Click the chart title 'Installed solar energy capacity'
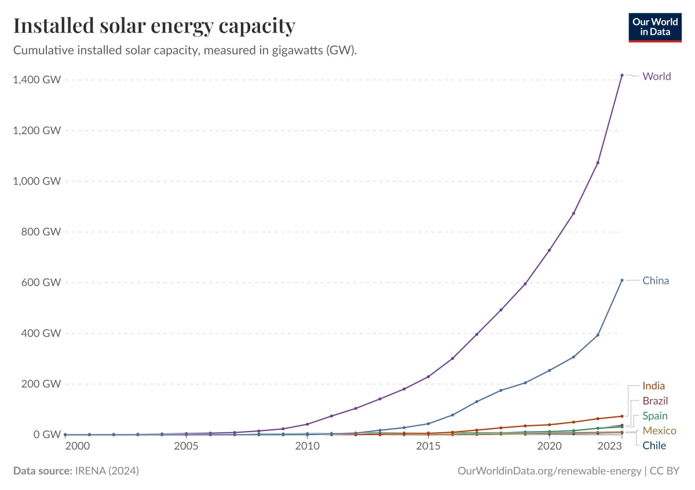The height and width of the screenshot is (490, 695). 154,26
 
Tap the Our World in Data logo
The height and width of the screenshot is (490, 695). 655,27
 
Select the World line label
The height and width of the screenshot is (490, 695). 657,76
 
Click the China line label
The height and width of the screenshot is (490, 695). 656,281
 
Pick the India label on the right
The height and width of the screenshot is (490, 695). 653,386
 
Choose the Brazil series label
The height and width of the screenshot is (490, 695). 655,401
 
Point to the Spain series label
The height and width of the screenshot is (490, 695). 654,416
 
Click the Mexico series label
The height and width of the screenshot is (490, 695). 659,431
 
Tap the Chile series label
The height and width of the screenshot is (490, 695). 654,445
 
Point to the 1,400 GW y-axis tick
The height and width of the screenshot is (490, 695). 36,80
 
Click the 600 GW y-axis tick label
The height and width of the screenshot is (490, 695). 42,282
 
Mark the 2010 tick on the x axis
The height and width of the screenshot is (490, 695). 307,447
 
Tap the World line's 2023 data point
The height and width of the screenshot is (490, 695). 622,75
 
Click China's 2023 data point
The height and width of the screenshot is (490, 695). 622,280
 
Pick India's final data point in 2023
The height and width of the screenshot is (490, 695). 622,416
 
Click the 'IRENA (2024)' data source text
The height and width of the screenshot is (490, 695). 107,471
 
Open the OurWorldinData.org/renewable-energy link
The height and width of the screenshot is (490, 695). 548,471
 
